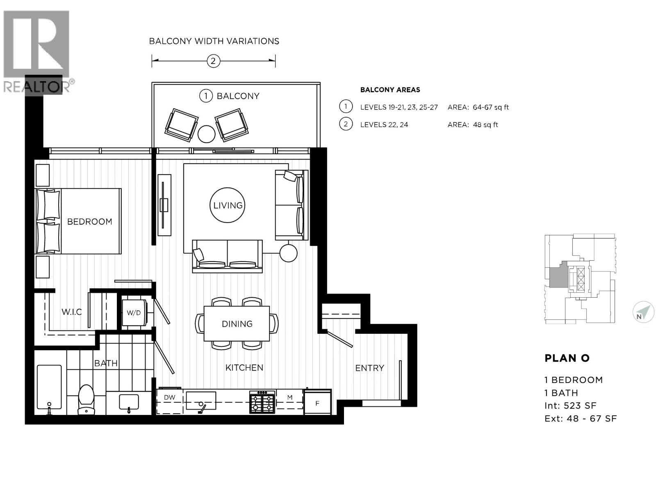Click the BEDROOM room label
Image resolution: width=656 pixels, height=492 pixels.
point(89,222)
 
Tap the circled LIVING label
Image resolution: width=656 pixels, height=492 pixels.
point(228,205)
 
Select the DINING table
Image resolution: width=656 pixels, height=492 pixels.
point(237,324)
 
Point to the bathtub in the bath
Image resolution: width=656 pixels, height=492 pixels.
point(49,387)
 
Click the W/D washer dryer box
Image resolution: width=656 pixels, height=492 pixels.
point(133,313)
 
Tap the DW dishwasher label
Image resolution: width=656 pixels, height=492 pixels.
point(169,397)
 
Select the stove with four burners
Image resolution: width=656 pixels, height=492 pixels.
point(262,401)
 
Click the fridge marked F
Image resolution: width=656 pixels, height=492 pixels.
point(317,403)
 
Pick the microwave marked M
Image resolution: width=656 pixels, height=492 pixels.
point(289,397)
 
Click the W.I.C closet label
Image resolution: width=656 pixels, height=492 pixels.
point(71,312)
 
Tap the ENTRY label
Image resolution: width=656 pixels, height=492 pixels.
point(369,368)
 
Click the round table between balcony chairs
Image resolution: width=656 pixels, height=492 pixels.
point(206,134)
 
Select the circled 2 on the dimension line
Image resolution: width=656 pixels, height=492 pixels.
point(213,61)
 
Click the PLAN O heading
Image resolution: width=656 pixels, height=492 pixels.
point(567,358)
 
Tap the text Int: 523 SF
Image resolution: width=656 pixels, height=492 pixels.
point(570,406)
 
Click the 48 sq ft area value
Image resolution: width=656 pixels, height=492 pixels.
point(485,125)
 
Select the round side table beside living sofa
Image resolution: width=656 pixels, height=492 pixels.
point(288,253)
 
